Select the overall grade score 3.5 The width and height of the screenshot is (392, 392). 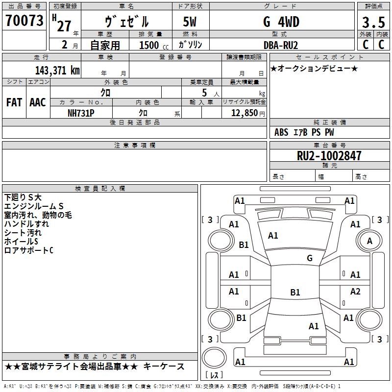click(373, 22)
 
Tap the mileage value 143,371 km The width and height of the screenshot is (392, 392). click(57, 70)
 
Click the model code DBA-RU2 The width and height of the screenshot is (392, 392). click(281, 45)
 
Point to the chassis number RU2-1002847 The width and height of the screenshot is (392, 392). click(329, 156)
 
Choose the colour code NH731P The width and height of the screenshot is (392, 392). click(81, 113)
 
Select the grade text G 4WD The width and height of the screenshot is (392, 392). click(281, 22)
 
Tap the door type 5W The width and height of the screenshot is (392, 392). click(191, 22)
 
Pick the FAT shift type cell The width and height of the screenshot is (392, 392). click(14, 102)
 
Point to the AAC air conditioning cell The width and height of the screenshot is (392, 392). click(38, 102)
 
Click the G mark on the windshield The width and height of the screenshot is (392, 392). click(310, 258)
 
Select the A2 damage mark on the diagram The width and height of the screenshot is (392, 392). click(355, 292)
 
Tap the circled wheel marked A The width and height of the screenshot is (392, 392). click(369, 241)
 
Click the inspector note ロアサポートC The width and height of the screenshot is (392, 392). click(28, 250)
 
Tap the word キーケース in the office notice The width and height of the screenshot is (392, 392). click(167, 367)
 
